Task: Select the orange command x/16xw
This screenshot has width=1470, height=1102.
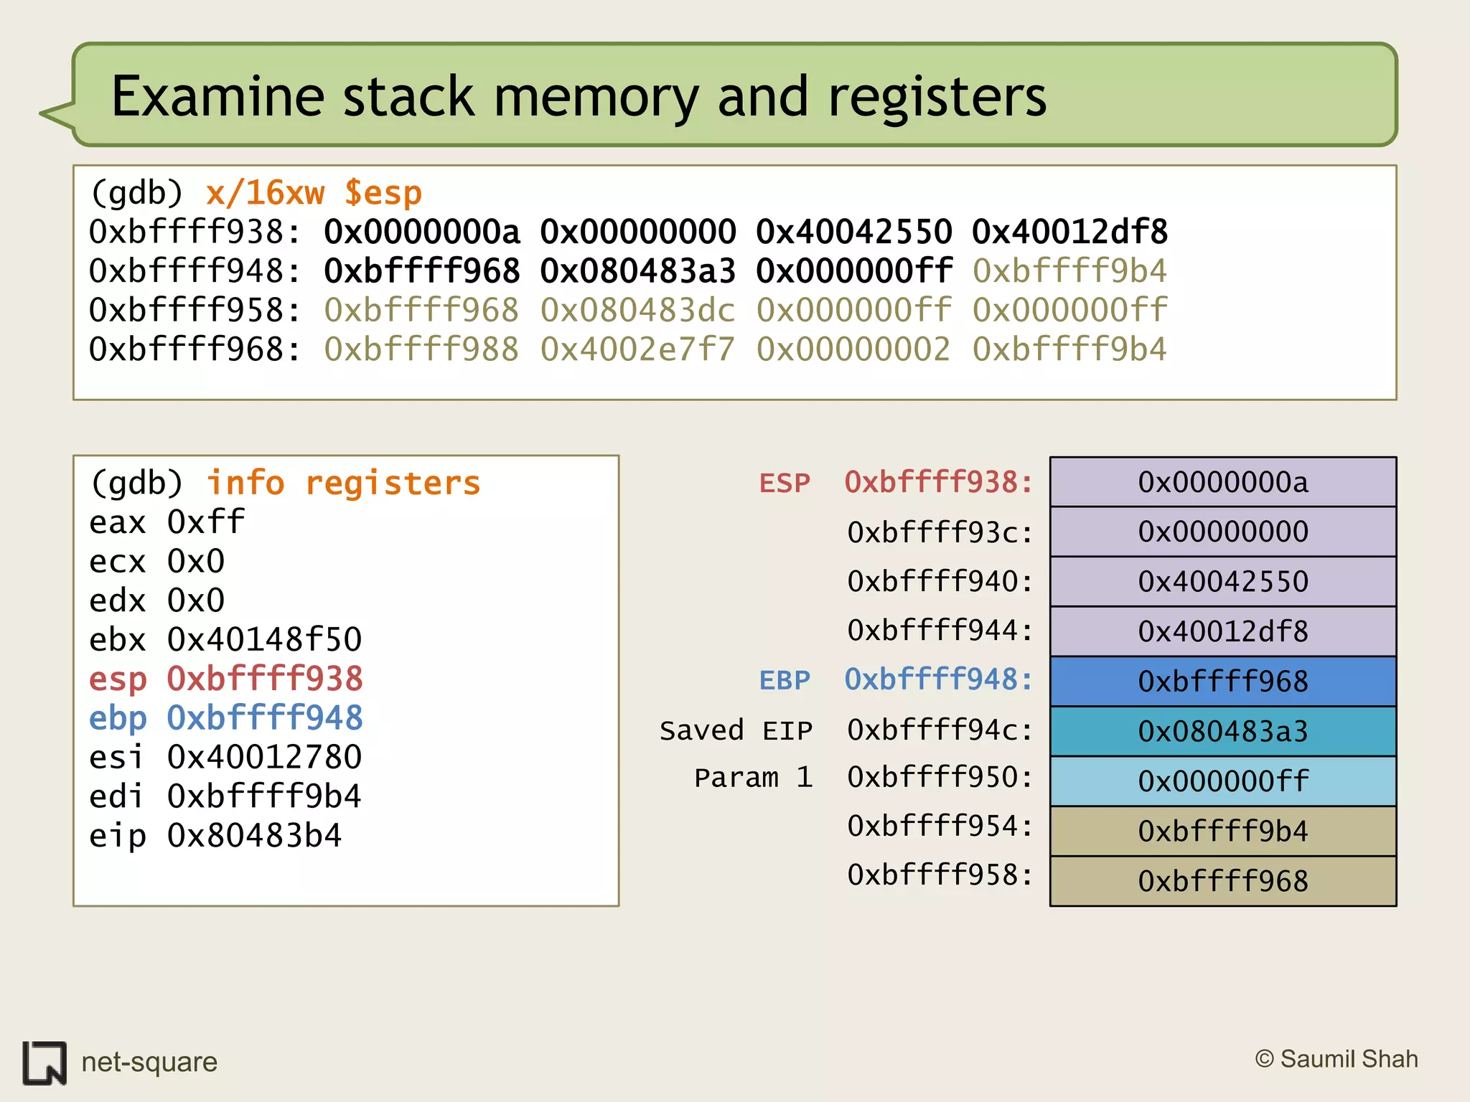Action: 265,193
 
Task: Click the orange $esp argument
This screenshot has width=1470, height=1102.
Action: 383,193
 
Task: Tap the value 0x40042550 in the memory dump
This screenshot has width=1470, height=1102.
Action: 853,232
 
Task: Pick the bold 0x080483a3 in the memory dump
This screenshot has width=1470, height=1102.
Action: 637,271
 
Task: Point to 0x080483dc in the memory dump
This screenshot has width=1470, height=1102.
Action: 637,310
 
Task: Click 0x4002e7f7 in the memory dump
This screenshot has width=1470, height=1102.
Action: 637,349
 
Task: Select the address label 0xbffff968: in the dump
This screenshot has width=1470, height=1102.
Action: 195,349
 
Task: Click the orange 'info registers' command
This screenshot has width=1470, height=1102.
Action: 343,483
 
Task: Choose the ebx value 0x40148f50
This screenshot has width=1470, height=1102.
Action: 264,639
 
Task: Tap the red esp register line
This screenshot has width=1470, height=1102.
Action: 225,679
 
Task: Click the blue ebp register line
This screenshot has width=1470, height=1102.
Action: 225,717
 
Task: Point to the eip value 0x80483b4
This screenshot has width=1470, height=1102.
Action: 254,836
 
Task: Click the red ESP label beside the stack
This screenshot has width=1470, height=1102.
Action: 785,483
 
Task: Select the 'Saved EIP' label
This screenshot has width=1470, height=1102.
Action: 736,730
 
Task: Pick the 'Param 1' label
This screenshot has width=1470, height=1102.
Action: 753,778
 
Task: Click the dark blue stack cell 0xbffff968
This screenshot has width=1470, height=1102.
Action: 1222,681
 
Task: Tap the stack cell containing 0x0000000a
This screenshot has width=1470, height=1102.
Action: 1222,482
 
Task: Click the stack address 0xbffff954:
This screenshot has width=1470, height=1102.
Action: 940,826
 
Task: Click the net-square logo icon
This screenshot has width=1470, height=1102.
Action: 45,1062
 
